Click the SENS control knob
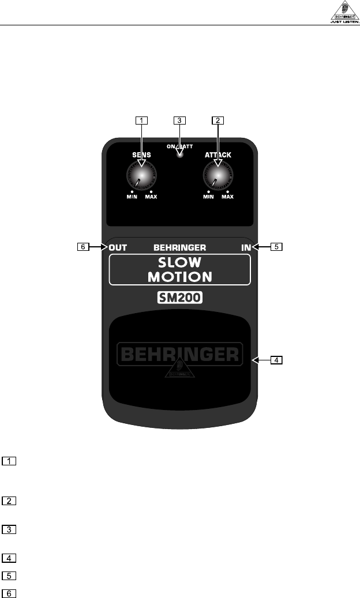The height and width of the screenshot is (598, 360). point(140,173)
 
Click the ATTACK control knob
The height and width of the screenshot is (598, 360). point(217,173)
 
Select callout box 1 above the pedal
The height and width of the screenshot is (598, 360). point(141,121)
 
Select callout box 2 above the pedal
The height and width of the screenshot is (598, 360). point(218,121)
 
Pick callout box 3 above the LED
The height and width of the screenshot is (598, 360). point(179,121)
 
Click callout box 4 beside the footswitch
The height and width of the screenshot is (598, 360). point(277,360)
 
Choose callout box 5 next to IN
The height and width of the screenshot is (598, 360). point(277,247)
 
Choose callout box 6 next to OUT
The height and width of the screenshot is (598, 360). point(84,247)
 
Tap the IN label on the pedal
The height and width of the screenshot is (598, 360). point(246,247)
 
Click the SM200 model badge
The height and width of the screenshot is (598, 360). point(179,299)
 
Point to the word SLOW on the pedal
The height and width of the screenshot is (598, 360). point(179,262)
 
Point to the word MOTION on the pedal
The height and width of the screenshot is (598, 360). point(179,276)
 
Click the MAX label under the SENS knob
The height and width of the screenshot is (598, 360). point(151,197)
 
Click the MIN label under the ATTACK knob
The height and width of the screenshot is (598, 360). point(209,197)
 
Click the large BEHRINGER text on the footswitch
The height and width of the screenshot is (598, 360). point(179,353)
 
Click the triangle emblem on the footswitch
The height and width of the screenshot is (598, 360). point(179,370)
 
